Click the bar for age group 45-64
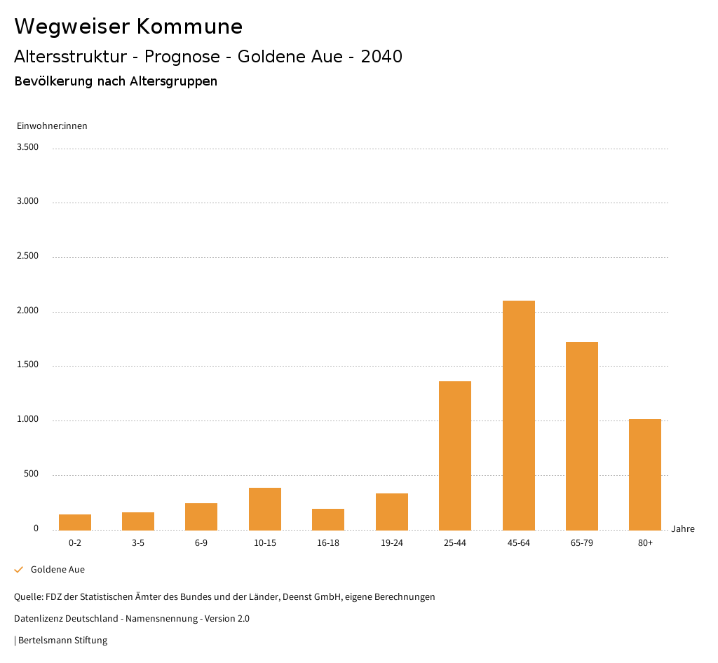pos(518,415)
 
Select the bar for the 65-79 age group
pos(581,436)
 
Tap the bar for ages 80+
pos(645,474)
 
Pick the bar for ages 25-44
pos(455,456)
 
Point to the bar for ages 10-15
pos(265,509)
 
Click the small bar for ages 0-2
pos(75,522)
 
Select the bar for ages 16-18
pos(328,519)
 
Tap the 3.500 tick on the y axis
pos(27,147)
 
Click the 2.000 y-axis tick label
pos(27,310)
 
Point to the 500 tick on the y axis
pos(31,474)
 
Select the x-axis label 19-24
pos(391,543)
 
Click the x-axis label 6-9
pos(201,543)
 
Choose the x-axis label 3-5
pos(138,543)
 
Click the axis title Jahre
pos(682,529)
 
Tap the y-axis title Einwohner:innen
pos(52,126)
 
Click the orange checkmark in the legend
pos(19,570)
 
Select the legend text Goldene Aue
pos(57,570)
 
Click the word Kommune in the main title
pos(189,27)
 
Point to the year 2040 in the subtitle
pos(381,57)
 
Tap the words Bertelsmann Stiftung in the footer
pos(62,641)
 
